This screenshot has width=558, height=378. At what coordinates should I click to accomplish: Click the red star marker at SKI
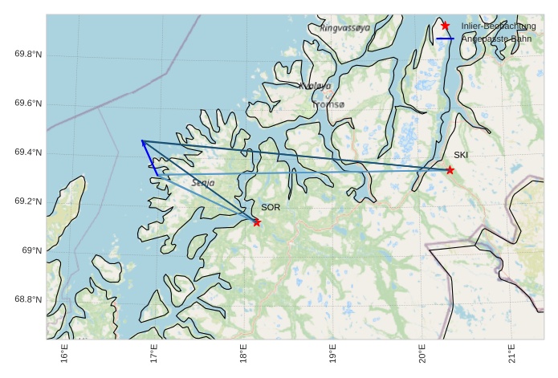click(x=450, y=170)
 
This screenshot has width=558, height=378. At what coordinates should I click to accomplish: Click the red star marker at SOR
click(x=257, y=222)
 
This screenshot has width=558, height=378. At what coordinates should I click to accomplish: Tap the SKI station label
click(x=461, y=155)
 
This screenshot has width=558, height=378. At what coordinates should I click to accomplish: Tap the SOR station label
click(x=271, y=208)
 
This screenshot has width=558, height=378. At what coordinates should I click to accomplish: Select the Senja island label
click(x=203, y=183)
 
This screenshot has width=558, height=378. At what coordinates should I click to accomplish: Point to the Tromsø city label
click(x=328, y=104)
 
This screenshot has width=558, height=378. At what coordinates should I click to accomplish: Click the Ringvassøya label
click(x=345, y=27)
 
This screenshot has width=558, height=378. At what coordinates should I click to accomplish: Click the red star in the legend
click(x=446, y=26)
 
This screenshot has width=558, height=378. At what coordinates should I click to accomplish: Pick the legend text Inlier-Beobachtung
click(x=498, y=26)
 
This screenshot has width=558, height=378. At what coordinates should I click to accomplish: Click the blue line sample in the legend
click(x=446, y=39)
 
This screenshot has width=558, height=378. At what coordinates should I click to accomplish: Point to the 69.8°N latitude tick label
click(x=28, y=55)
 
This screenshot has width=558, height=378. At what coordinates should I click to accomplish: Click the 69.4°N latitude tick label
click(x=28, y=153)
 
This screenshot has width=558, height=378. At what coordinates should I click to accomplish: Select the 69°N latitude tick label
click(x=32, y=251)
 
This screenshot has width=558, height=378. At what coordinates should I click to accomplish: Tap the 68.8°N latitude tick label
click(x=28, y=300)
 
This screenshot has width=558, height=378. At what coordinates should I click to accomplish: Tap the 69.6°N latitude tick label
click(x=28, y=104)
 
